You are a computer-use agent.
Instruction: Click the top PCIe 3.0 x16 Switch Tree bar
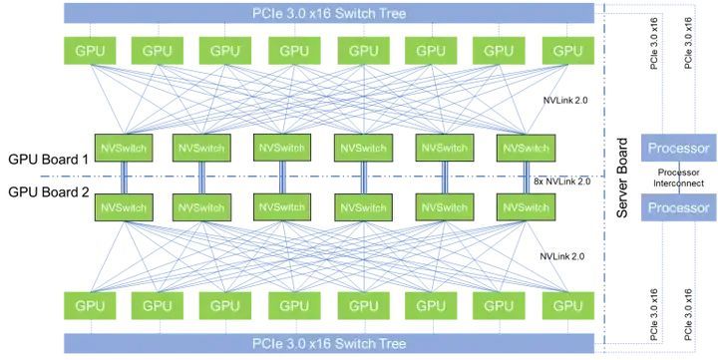coord(329,13)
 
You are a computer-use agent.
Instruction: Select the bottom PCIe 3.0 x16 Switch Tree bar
coord(329,343)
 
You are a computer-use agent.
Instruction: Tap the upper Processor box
coord(679,148)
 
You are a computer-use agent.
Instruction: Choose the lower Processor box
coord(679,207)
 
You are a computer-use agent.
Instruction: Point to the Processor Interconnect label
coord(679,178)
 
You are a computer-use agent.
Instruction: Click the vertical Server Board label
coord(622,178)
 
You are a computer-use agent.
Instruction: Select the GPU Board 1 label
coord(49,160)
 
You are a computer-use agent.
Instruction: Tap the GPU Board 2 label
coord(49,192)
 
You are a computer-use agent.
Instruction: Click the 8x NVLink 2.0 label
coord(562,181)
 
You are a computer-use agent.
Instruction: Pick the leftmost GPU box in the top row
coord(90,51)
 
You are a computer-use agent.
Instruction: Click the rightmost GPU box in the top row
coord(567,51)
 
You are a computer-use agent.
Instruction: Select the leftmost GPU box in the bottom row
coord(90,305)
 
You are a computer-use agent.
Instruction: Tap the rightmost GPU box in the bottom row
coord(567,305)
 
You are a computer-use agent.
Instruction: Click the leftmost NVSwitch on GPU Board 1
coord(124,148)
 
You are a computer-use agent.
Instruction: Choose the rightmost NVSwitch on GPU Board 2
coord(526,207)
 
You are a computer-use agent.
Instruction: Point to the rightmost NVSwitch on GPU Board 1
coord(526,148)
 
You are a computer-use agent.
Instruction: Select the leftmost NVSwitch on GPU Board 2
coord(124,207)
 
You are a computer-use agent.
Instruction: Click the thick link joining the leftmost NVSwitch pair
coord(124,178)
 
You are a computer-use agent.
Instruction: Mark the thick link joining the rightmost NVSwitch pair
coord(527,178)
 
